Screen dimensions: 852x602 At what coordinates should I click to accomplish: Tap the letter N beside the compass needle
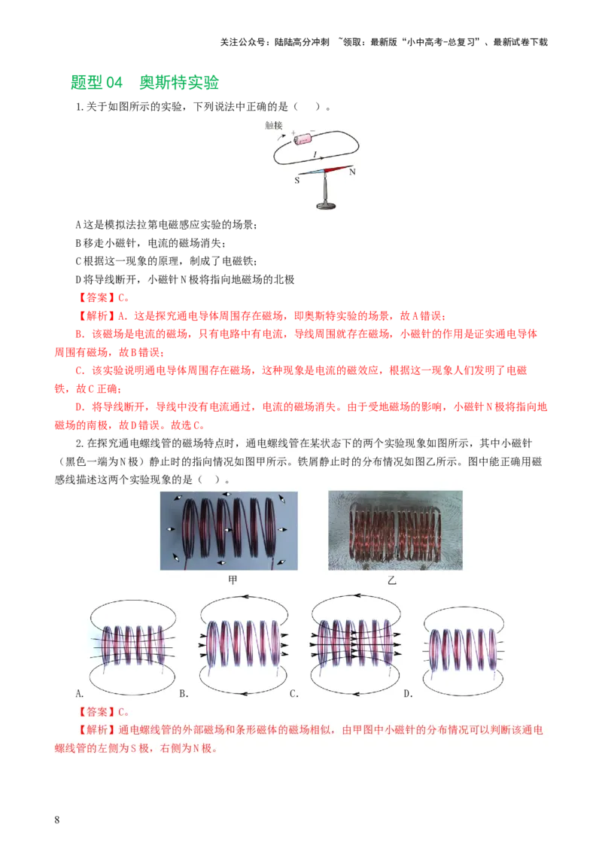tap(353, 171)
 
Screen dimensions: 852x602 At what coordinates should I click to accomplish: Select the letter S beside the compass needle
tap(296, 181)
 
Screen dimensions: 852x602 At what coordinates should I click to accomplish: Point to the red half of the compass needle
tap(338, 169)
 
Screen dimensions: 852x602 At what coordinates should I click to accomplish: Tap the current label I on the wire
tap(315, 154)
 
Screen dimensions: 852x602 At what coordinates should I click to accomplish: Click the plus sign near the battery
tap(293, 132)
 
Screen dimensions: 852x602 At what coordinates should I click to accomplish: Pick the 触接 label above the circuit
tap(274, 126)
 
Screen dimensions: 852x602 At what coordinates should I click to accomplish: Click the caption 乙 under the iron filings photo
tap(391, 580)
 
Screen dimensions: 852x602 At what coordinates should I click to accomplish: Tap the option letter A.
tap(80, 693)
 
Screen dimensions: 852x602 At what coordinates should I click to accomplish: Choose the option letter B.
tap(184, 693)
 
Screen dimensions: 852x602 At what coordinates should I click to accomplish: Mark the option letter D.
tap(408, 693)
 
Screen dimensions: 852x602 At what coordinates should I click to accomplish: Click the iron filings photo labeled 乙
tap(395, 531)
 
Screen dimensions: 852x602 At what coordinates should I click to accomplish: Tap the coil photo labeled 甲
tap(229, 531)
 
